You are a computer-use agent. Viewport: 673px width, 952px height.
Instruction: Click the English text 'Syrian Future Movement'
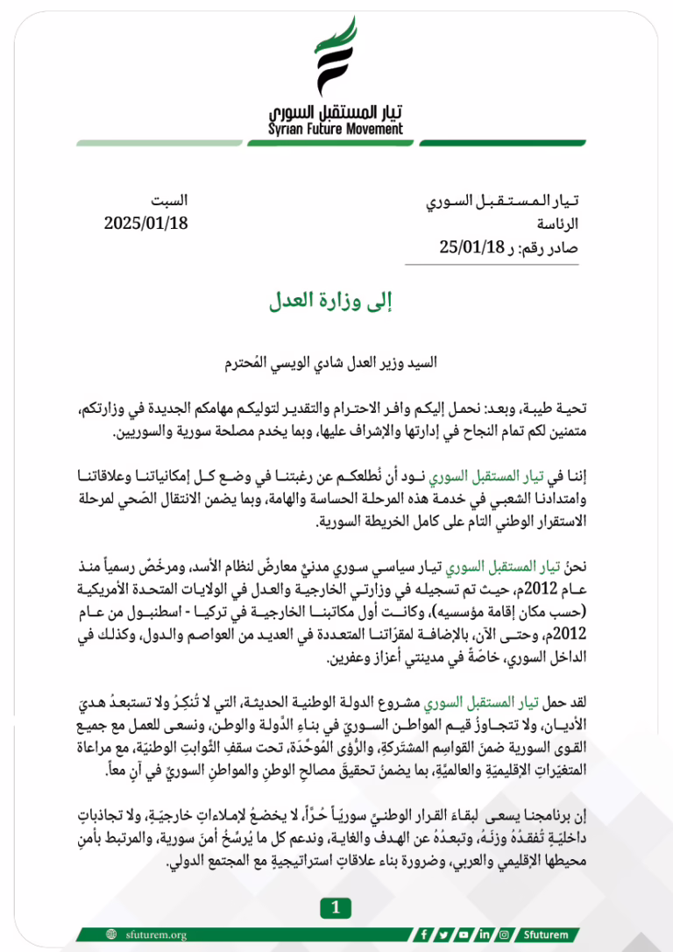click(336, 130)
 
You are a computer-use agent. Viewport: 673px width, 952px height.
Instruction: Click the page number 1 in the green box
click(336, 908)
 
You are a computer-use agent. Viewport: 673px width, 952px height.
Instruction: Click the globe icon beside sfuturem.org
click(110, 934)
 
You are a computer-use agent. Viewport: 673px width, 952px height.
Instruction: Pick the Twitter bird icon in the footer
click(444, 934)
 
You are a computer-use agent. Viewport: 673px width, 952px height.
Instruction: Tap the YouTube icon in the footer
click(464, 934)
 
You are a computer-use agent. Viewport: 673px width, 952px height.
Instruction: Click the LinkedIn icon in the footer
click(484, 934)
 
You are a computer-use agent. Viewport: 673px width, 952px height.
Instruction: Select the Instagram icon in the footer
click(503, 934)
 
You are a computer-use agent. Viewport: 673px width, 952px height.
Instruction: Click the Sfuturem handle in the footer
click(544, 934)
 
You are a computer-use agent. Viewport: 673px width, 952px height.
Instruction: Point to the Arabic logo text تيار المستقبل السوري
click(336, 112)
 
